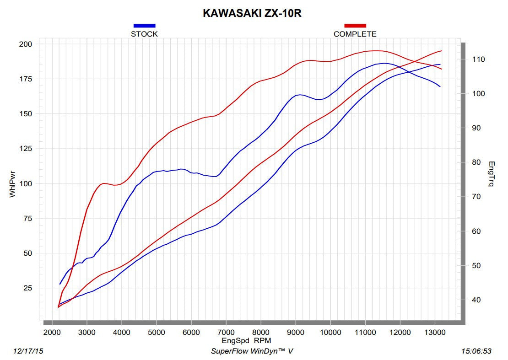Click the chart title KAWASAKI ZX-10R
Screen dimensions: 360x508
click(x=252, y=14)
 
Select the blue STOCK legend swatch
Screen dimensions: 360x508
click(x=144, y=26)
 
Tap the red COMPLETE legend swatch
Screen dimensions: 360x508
click(x=355, y=26)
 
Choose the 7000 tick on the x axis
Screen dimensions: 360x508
click(x=226, y=333)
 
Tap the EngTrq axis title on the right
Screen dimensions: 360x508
click(x=491, y=174)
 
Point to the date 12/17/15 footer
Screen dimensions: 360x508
click(x=29, y=351)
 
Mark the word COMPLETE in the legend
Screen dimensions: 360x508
click(x=355, y=34)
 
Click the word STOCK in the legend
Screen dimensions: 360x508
click(x=144, y=34)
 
